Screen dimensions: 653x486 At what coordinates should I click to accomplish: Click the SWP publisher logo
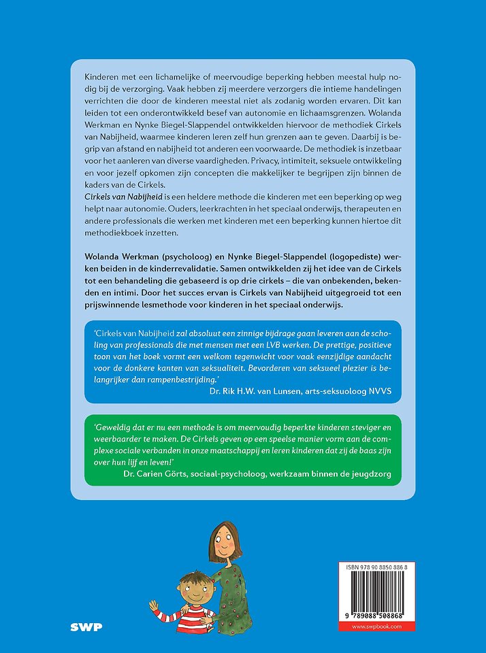point(86,626)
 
